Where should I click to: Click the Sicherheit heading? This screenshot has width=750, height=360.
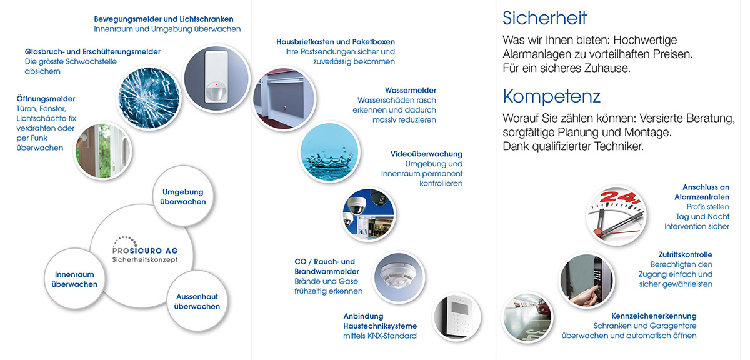click(x=544, y=18)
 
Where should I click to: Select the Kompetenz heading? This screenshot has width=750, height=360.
click(x=551, y=97)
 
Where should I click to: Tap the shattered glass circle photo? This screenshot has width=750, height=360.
click(x=149, y=97)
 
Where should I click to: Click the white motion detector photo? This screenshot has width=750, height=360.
click(x=217, y=78)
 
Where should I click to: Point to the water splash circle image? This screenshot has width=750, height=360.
click(x=329, y=152)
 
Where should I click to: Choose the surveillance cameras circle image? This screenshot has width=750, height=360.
click(x=368, y=214)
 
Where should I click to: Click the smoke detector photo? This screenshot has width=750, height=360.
click(x=399, y=277)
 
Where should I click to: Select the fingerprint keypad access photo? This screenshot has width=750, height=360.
click(x=587, y=281)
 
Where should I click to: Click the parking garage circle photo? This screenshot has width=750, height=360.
click(x=527, y=317)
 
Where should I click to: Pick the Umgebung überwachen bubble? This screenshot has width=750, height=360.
click(x=182, y=197)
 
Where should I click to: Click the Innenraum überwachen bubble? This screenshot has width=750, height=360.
click(x=74, y=279)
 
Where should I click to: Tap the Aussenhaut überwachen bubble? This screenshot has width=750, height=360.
click(x=197, y=301)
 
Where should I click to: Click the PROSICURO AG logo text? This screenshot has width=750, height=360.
click(x=145, y=251)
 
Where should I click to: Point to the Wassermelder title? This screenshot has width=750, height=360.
click(x=411, y=91)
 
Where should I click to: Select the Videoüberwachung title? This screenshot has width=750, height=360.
click(x=426, y=154)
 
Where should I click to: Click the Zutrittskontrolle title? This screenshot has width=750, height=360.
click(x=686, y=255)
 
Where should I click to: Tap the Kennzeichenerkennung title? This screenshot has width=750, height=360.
click(x=654, y=316)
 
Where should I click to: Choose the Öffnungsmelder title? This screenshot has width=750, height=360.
click(x=46, y=99)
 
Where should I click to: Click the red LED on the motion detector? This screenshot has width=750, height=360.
click(x=217, y=84)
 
